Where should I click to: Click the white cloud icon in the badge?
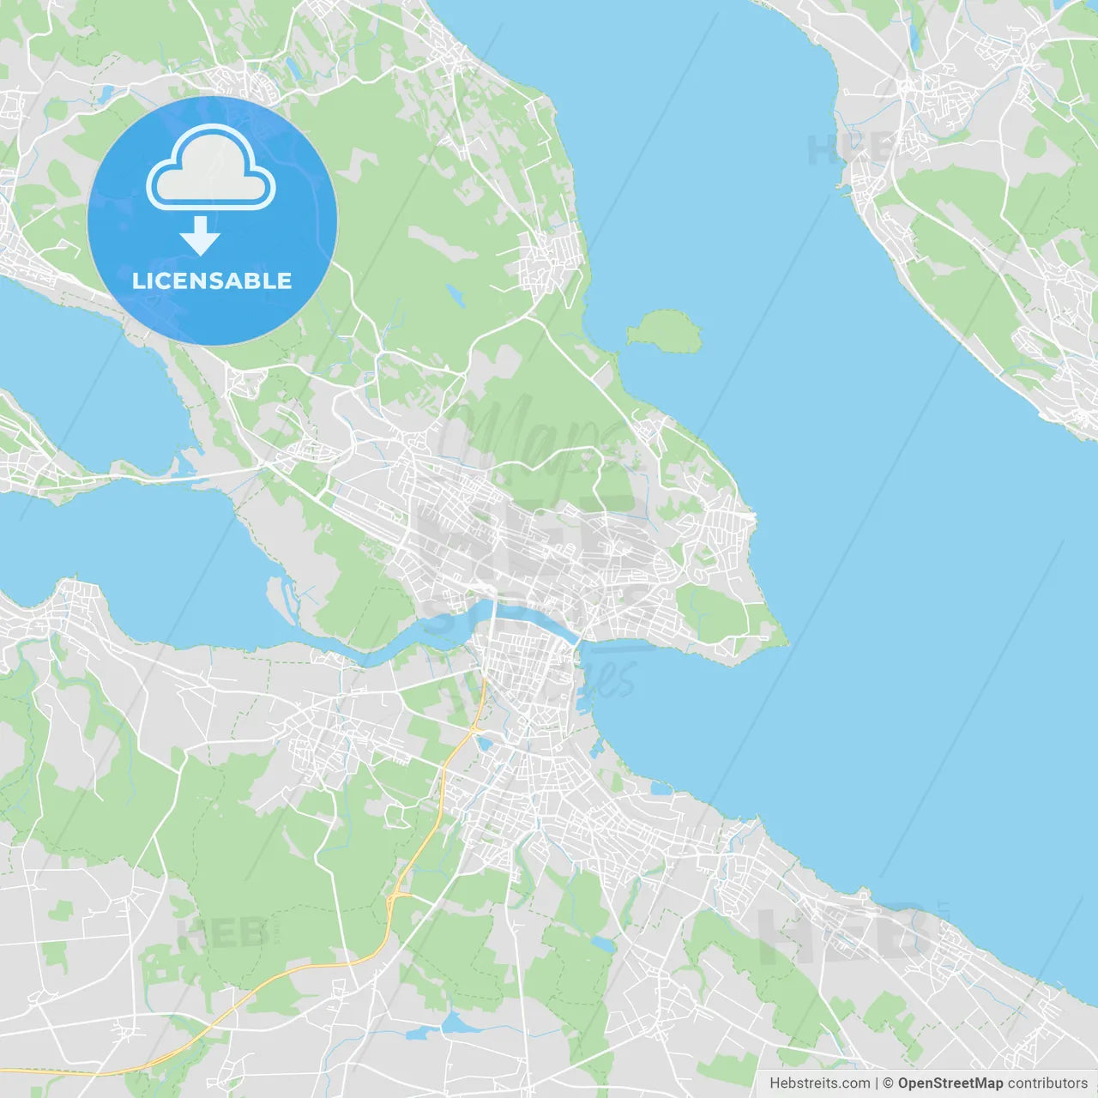pos(211,168)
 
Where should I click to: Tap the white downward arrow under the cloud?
pos(201,237)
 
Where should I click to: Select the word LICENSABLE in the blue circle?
pos(212,281)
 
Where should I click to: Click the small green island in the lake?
pos(664,330)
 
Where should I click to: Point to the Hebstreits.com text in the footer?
pos(819,1083)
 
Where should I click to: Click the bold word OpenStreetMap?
pos(950,1083)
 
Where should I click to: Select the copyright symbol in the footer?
pos(888,1083)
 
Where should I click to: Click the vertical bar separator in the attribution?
pos(876,1083)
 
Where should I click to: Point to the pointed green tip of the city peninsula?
pos(782,640)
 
